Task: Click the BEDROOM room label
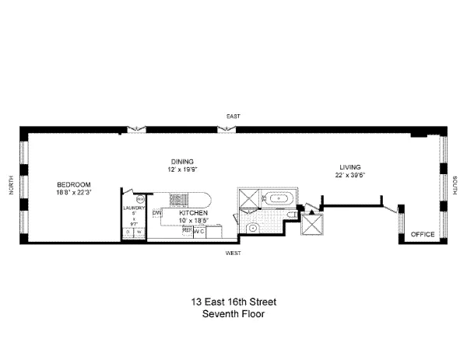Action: coord(74,184)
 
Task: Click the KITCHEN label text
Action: coord(192,212)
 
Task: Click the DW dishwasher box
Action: coord(156,212)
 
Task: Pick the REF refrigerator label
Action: coord(187,230)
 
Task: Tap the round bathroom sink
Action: coord(254,228)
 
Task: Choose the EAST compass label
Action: coord(232,116)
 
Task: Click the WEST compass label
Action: coord(233,253)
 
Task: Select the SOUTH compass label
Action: coord(455,187)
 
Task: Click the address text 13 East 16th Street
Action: coord(233,302)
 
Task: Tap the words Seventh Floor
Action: coord(233,314)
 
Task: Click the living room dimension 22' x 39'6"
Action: coord(348,175)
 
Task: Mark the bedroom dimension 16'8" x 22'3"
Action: coord(74,193)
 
